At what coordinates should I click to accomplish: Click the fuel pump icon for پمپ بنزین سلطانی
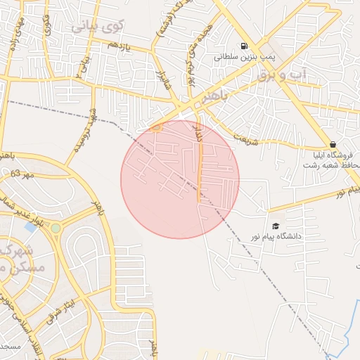click(x=244, y=46)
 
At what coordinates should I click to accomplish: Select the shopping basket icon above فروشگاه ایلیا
click(x=333, y=144)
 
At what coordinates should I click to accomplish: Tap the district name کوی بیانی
click(x=98, y=27)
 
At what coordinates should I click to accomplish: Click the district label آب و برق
click(x=283, y=75)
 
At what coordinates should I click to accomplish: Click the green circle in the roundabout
click(x=56, y=228)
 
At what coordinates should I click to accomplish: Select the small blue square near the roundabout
click(x=30, y=226)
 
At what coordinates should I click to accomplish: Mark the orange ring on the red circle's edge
click(x=155, y=127)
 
